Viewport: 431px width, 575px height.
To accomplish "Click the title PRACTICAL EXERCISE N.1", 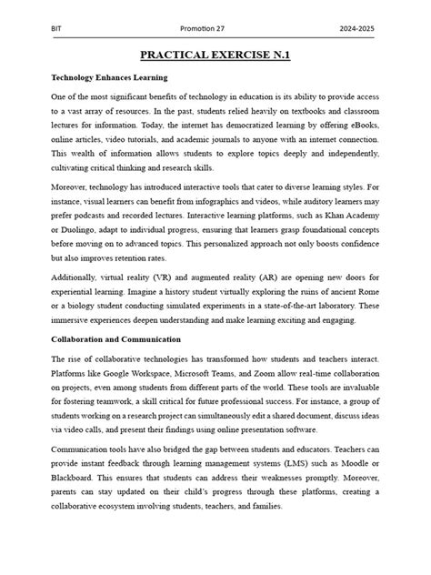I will coord(215,57).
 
